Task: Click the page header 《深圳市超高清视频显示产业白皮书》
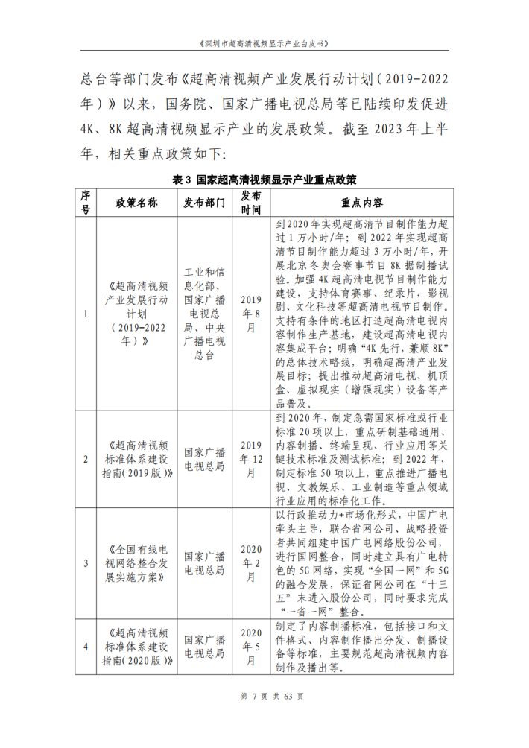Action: [264, 43]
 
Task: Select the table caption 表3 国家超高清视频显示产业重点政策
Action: [264, 180]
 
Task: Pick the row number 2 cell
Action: [85, 459]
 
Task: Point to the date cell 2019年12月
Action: [250, 459]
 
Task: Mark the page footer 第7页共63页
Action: [264, 717]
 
